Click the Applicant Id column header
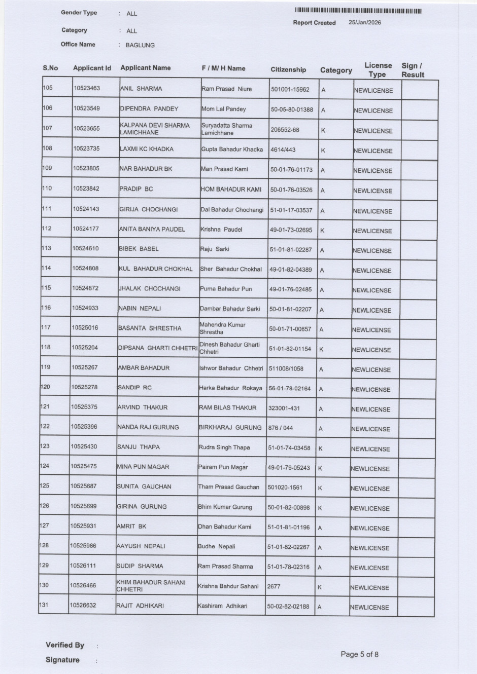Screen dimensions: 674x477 pos(92,68)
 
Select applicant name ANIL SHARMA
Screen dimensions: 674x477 pos(141,89)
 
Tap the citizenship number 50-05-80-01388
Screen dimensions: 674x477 pos(292,109)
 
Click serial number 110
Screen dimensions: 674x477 pos(47,189)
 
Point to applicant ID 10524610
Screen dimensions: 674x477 pos(85,248)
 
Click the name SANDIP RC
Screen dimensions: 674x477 pos(134,388)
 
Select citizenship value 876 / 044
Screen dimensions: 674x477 pos(281,428)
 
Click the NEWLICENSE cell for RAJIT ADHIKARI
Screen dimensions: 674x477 pos(369,607)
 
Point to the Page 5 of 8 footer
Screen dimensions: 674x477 pos(359,654)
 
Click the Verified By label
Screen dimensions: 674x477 pos(65,645)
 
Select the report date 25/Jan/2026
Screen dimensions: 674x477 pos(365,22)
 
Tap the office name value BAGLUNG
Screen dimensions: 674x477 pos(140,45)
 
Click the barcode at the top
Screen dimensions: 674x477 pos(358,11)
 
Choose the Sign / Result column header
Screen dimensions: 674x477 pos(413,70)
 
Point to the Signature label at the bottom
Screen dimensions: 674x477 pos(62,660)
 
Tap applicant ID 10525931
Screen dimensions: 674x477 pos(83,526)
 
